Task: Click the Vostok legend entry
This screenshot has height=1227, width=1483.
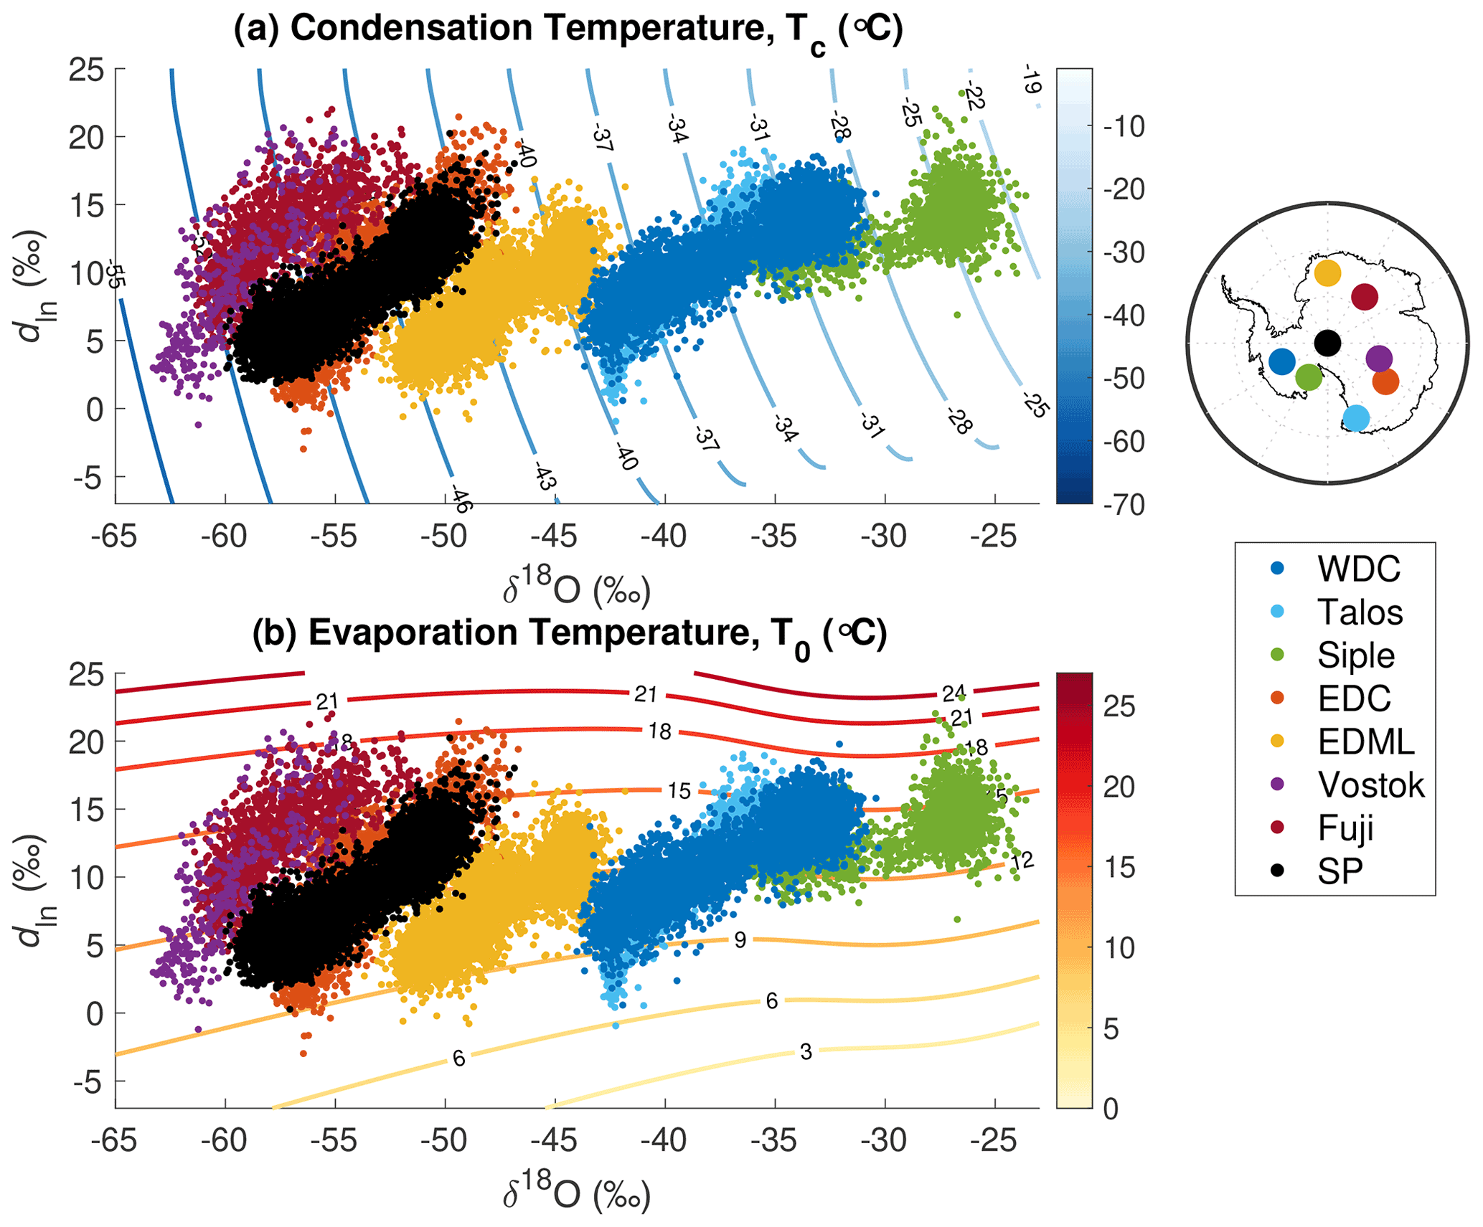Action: (x=1370, y=785)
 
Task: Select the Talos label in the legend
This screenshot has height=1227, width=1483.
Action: (x=1360, y=612)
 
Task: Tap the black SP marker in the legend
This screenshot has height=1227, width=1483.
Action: (x=1277, y=871)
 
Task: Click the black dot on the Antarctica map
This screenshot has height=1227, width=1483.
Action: (x=1327, y=343)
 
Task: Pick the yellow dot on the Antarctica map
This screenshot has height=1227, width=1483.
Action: (x=1327, y=273)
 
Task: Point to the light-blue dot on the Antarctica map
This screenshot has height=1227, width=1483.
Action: (x=1355, y=417)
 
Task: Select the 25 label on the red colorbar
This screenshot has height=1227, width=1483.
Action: (x=1119, y=707)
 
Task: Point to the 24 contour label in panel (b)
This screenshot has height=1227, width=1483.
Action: (x=954, y=693)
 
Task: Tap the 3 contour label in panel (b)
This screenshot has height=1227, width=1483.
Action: (x=806, y=1052)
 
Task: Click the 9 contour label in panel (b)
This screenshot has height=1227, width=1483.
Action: (x=740, y=940)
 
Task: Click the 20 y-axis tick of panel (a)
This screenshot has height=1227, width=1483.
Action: (x=86, y=137)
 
